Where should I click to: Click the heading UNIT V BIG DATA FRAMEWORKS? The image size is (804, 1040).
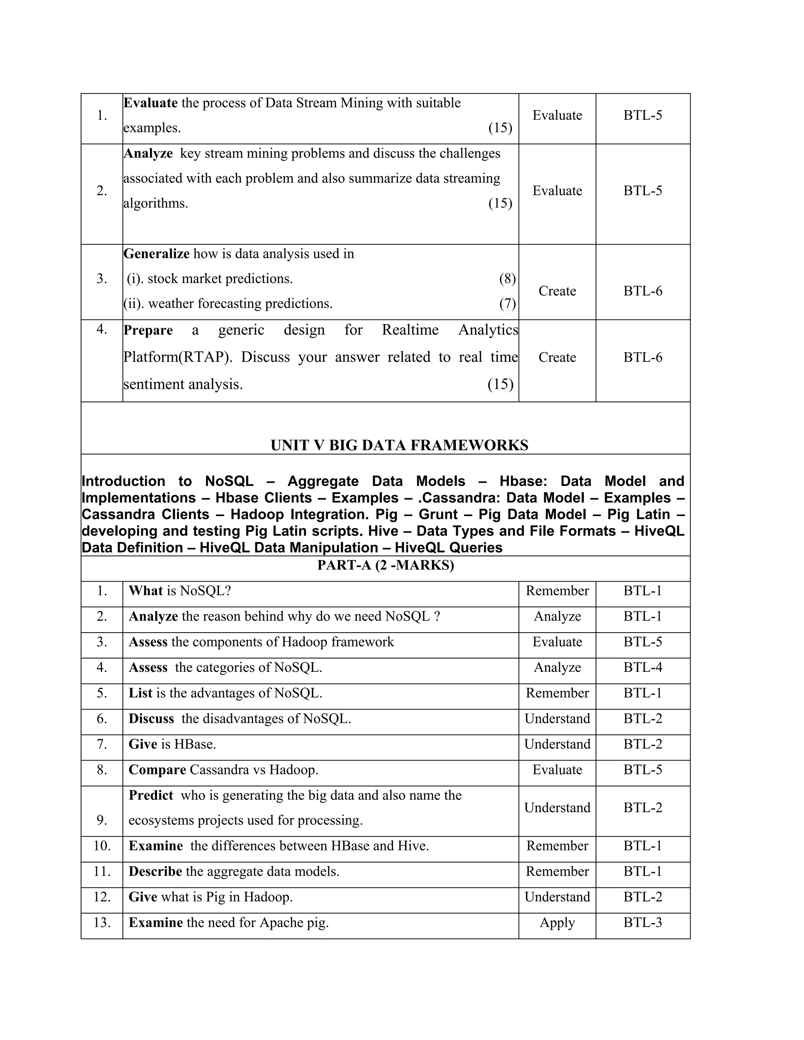(x=399, y=445)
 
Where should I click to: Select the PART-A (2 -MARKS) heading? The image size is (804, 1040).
(x=386, y=565)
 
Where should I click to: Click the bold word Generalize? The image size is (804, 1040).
(x=156, y=254)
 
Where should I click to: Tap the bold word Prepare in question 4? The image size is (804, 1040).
(x=148, y=330)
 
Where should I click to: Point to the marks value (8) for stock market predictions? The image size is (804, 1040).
(x=507, y=279)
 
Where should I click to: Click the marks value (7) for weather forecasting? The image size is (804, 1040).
(x=507, y=303)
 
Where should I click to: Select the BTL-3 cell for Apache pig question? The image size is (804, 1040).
(x=643, y=923)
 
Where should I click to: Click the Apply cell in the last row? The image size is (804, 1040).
(x=557, y=923)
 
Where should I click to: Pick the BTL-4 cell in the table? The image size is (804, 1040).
(x=643, y=667)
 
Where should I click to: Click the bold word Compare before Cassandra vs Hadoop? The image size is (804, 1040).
(x=157, y=770)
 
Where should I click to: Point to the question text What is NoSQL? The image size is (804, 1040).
(x=179, y=591)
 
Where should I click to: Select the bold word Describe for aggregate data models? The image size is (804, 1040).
(x=155, y=871)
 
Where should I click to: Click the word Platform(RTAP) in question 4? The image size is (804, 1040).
(x=177, y=357)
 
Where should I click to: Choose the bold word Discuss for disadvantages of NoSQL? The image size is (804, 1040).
(x=151, y=719)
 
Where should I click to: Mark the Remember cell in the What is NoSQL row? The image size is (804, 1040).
(x=557, y=591)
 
